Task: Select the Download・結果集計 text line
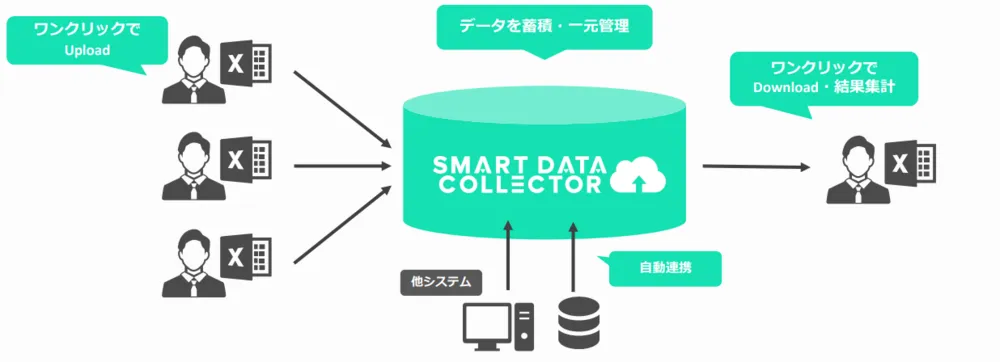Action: click(823, 86)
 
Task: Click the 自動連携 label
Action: click(662, 268)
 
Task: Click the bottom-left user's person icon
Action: click(190, 262)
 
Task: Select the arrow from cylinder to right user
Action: click(756, 166)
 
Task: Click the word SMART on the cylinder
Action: click(471, 163)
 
